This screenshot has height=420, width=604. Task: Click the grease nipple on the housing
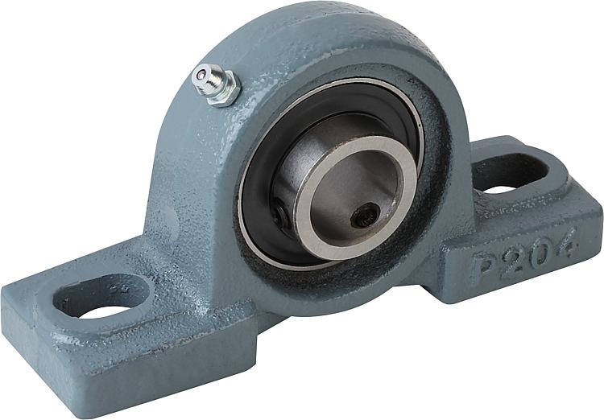[x=216, y=84]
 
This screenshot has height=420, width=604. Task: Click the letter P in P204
[x=484, y=268]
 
